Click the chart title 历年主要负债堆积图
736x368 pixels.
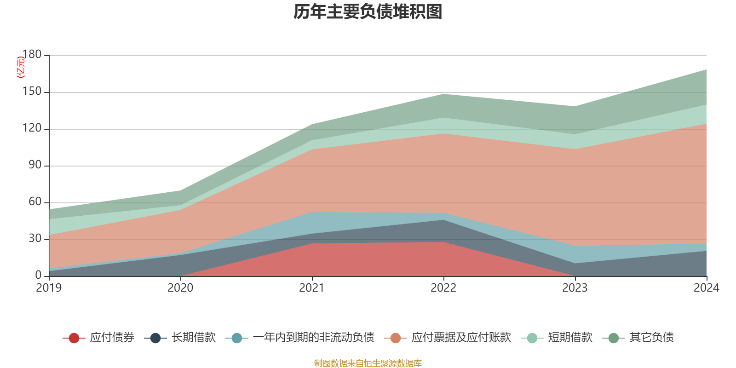[x=368, y=12]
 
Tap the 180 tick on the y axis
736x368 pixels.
[x=32, y=55]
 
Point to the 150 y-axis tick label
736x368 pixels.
[x=32, y=92]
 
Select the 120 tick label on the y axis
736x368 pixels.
[x=32, y=128]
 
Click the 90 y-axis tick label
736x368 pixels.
[x=35, y=165]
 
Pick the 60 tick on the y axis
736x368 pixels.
[x=35, y=202]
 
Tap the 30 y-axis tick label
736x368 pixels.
[x=35, y=239]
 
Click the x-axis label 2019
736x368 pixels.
[x=49, y=288]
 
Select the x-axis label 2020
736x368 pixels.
[x=180, y=288]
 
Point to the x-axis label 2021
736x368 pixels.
[x=312, y=288]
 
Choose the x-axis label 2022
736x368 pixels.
[x=443, y=288]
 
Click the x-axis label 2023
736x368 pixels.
[x=575, y=288]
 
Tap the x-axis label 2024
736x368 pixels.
[x=706, y=288]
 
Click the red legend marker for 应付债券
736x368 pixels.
[x=74, y=338]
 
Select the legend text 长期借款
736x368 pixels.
[x=194, y=338]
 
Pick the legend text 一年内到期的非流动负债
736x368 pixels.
[x=313, y=338]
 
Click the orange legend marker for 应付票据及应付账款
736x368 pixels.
[x=395, y=338]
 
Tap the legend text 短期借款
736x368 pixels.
[x=570, y=338]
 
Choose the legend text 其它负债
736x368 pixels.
[x=651, y=338]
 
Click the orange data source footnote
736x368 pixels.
[x=368, y=363]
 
